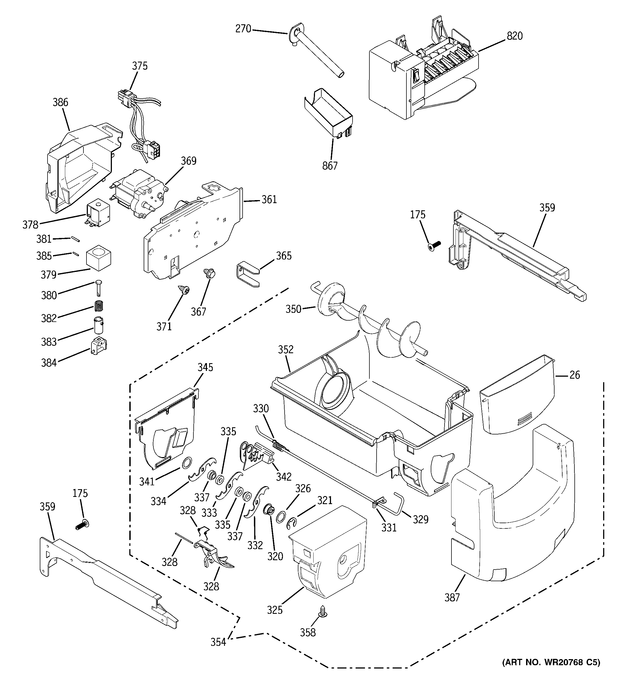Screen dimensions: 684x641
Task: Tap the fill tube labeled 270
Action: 317,52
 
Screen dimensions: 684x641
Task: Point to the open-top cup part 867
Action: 329,114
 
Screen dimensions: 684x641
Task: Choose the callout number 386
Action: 60,103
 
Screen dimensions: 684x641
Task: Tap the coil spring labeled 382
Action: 99,305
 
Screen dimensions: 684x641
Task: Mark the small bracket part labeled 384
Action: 98,346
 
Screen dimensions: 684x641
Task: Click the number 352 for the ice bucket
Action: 286,350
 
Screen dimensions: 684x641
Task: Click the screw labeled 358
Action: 324,610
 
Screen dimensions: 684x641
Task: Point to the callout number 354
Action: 218,642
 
